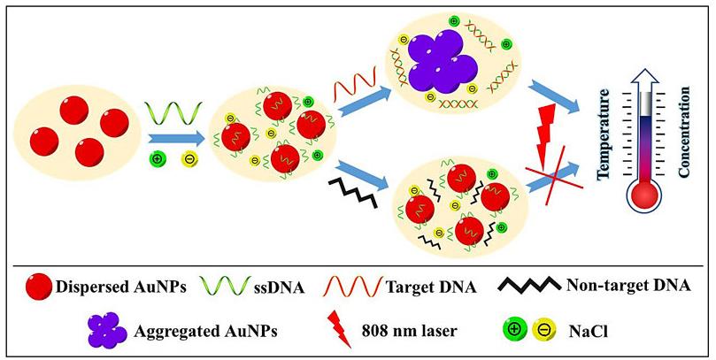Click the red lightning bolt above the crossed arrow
pos(550,127)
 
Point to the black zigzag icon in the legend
pos(525,285)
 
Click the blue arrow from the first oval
pos(173,138)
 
